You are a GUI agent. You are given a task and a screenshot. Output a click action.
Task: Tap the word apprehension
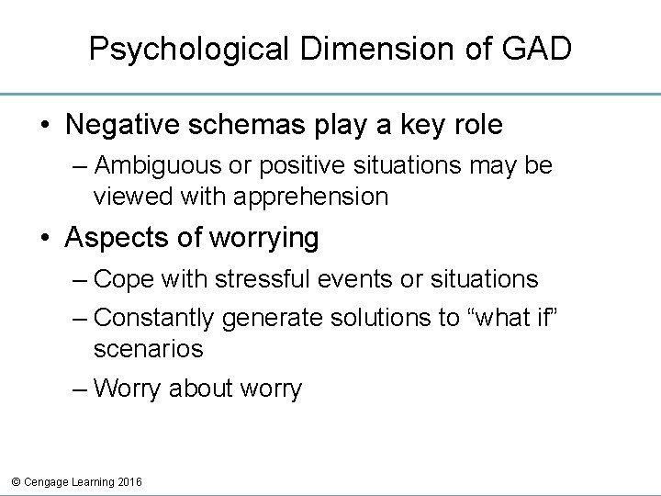(x=310, y=195)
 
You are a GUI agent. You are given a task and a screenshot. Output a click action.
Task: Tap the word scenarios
(x=148, y=348)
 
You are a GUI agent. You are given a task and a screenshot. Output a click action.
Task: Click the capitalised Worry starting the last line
(x=128, y=389)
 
